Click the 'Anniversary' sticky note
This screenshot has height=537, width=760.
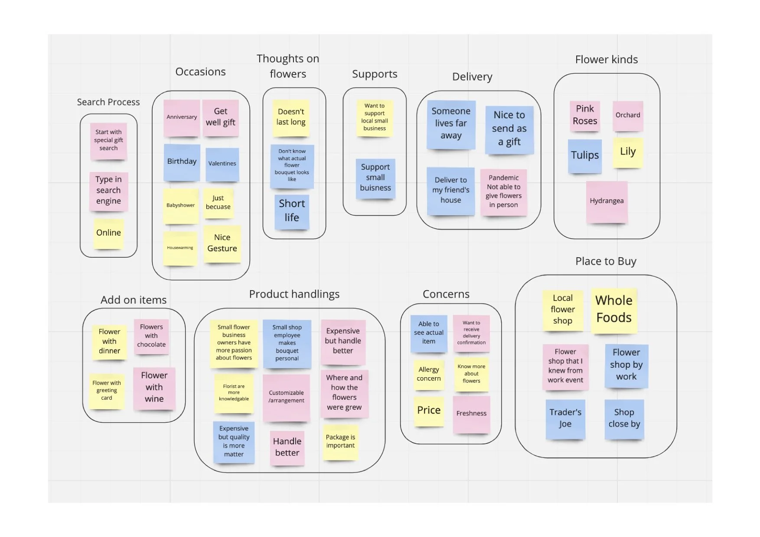pyautogui.click(x=182, y=117)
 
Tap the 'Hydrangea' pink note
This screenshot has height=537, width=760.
pyautogui.click(x=607, y=201)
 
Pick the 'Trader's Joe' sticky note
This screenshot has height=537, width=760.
pyautogui.click(x=565, y=418)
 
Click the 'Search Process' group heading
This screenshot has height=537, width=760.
pyautogui.click(x=108, y=102)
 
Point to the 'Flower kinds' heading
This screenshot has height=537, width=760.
pyautogui.click(x=606, y=60)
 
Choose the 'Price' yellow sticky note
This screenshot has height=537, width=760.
pyautogui.click(x=429, y=411)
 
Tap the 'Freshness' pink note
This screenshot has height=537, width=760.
pyautogui.click(x=471, y=414)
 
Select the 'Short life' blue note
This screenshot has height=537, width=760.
pyautogui.click(x=292, y=211)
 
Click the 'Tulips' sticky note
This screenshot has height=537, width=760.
pyautogui.click(x=585, y=155)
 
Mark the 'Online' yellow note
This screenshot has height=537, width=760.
pyautogui.click(x=108, y=233)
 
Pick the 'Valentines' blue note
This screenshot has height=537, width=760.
pyautogui.click(x=222, y=164)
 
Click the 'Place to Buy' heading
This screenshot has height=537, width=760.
pyautogui.click(x=606, y=262)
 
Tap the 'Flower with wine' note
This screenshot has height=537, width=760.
pyautogui.click(x=154, y=387)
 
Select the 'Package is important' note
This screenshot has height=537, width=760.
pyautogui.click(x=340, y=441)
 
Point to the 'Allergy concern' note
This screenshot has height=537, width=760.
pyautogui.click(x=429, y=374)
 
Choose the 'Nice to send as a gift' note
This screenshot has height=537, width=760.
pyautogui.click(x=509, y=129)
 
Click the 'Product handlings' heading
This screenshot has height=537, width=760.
pyautogui.click(x=294, y=294)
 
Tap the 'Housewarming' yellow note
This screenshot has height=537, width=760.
pyautogui.click(x=180, y=248)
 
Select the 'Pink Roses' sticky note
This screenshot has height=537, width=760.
pyautogui.click(x=585, y=115)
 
